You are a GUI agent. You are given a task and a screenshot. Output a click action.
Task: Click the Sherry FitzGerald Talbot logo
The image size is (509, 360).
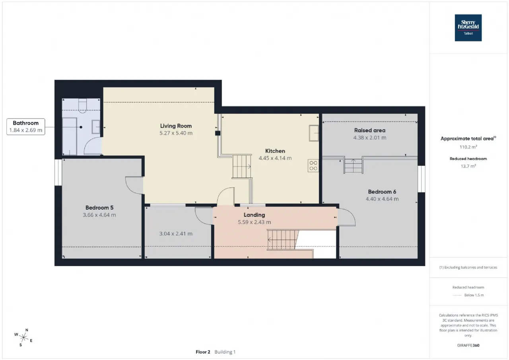click(468, 28)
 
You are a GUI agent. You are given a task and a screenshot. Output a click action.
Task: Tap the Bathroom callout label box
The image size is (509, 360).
click(26, 126)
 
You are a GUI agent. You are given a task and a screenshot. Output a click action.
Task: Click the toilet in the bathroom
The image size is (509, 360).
click(82, 106)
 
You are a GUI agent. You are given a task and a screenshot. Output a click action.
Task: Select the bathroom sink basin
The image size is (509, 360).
click(96, 127)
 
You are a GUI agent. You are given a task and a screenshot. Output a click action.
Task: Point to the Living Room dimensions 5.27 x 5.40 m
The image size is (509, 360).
click(176, 133)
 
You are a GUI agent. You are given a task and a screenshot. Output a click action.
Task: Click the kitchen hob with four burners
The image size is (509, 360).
click(313, 166)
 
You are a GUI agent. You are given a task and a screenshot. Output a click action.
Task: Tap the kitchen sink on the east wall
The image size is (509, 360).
click(314, 133)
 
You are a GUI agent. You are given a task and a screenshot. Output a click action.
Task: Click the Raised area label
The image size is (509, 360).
click(370, 130)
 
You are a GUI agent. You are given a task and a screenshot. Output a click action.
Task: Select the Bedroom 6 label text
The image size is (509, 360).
click(382, 192)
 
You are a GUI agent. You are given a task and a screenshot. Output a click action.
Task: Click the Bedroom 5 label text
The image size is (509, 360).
click(99, 208)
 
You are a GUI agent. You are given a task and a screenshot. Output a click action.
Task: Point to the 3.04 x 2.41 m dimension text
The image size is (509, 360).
click(176, 234)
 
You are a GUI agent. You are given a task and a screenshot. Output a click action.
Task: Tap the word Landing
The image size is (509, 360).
click(254, 215)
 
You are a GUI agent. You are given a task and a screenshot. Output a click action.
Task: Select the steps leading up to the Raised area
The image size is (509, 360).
click(354, 166)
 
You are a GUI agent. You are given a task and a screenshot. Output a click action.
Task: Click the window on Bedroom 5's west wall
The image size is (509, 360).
click(58, 172)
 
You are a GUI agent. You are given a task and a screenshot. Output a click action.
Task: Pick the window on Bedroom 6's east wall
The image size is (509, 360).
click(422, 179)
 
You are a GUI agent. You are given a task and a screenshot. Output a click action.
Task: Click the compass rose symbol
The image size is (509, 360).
click(23, 338)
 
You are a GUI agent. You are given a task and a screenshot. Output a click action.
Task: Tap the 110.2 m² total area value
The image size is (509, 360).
click(468, 147)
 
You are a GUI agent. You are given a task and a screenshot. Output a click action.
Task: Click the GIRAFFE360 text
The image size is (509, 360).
click(468, 345)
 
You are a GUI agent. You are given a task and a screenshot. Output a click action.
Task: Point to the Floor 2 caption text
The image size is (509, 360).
click(203, 352)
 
